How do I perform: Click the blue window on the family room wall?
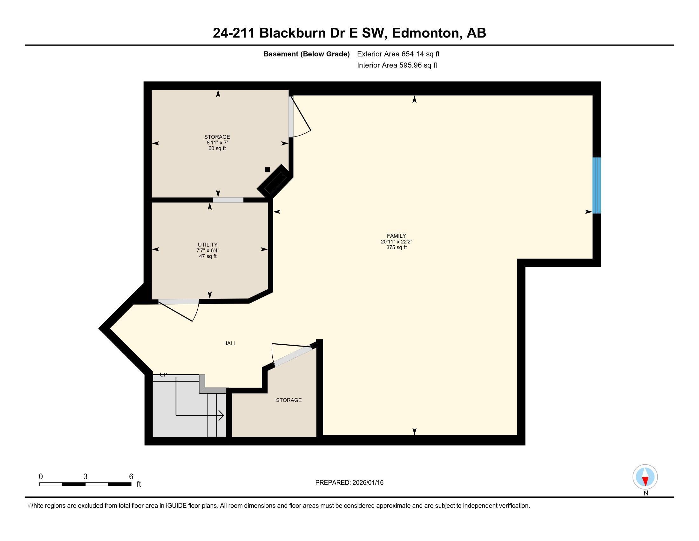coord(596,185)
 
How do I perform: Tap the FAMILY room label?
coord(396,236)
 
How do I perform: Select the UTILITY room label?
coord(208,244)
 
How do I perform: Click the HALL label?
coord(230,343)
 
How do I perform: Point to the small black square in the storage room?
coord(267,170)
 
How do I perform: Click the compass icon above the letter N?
coord(645,477)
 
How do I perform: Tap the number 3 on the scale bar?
coord(85,477)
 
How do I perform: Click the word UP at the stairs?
coord(164,375)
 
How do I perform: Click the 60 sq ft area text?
coord(217,148)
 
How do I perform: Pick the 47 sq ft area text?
coord(208,256)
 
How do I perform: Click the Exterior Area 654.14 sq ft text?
coord(398,54)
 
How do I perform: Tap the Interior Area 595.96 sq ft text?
coord(397,65)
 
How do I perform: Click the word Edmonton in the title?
coord(426,33)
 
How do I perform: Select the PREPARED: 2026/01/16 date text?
coord(349,483)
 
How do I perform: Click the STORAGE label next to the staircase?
coord(289,400)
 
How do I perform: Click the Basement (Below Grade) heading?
coord(306,54)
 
